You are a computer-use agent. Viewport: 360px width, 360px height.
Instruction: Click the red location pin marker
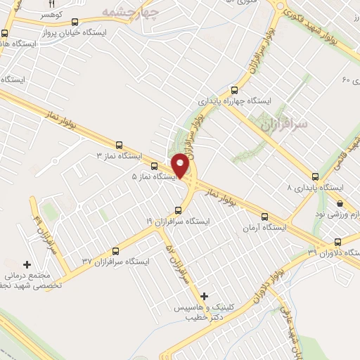pos(181,165)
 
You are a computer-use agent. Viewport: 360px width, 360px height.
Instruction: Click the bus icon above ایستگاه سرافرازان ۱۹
pos(177,210)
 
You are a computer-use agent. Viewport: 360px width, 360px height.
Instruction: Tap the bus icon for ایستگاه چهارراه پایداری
pos(234,90)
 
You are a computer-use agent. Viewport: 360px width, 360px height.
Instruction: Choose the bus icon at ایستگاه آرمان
pos(264,217)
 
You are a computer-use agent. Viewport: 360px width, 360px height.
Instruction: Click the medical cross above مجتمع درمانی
pos(27,265)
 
